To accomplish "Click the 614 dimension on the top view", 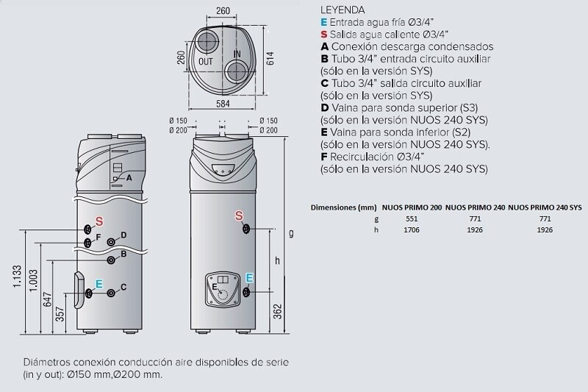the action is pos(270,59).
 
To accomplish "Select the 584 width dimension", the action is pos(223,104).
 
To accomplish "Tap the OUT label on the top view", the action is pos(206,62).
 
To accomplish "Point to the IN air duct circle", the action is pos(236,71).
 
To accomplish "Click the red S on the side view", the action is pos(98,221).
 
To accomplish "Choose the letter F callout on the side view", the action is pos(98,237).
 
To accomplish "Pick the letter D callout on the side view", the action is pos(123,235).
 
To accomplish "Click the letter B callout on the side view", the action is pos(123,254).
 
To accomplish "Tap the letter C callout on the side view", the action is pos(123,288).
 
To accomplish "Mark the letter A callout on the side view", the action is pos(129,178).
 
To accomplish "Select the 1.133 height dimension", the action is pos(18,277).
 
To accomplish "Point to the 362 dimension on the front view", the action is pos(277,311).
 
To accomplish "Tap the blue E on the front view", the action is pos(249,278).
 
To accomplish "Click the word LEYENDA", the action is pos(343,10).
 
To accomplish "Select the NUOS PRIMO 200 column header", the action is pos(412,207).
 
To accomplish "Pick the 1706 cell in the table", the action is pos(412,229).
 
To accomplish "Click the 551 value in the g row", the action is pos(412,218).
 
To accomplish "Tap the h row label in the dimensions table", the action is pos(376,229).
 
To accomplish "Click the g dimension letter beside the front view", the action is pos(291,233).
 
